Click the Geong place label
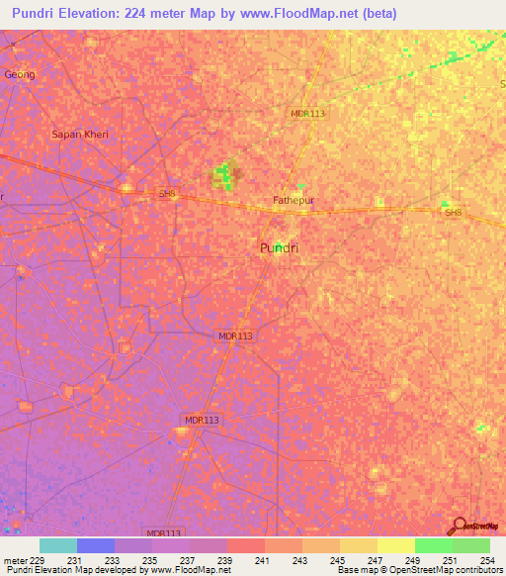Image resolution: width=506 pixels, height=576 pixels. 20,74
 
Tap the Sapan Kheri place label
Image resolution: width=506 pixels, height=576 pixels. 80,134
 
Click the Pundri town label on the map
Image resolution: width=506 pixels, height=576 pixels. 279,248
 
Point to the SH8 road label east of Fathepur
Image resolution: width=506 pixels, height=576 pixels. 453,213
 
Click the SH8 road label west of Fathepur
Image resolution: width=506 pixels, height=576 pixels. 167,194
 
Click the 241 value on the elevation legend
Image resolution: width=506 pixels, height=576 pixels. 263,561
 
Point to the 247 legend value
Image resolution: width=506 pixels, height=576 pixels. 376,561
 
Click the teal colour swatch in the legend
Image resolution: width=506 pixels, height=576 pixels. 58,545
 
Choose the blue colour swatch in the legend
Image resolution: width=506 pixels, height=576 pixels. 96,545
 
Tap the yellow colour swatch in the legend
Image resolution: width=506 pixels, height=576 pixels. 395,545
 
